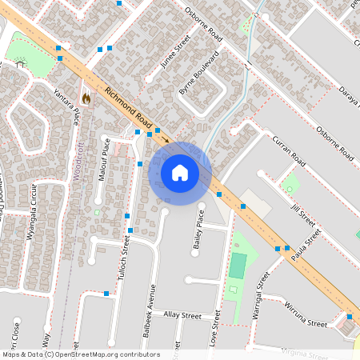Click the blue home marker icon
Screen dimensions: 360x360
179,173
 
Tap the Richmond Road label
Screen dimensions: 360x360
128,110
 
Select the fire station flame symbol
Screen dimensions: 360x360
86,97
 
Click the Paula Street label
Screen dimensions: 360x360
306,244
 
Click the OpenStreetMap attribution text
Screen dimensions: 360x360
81,354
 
